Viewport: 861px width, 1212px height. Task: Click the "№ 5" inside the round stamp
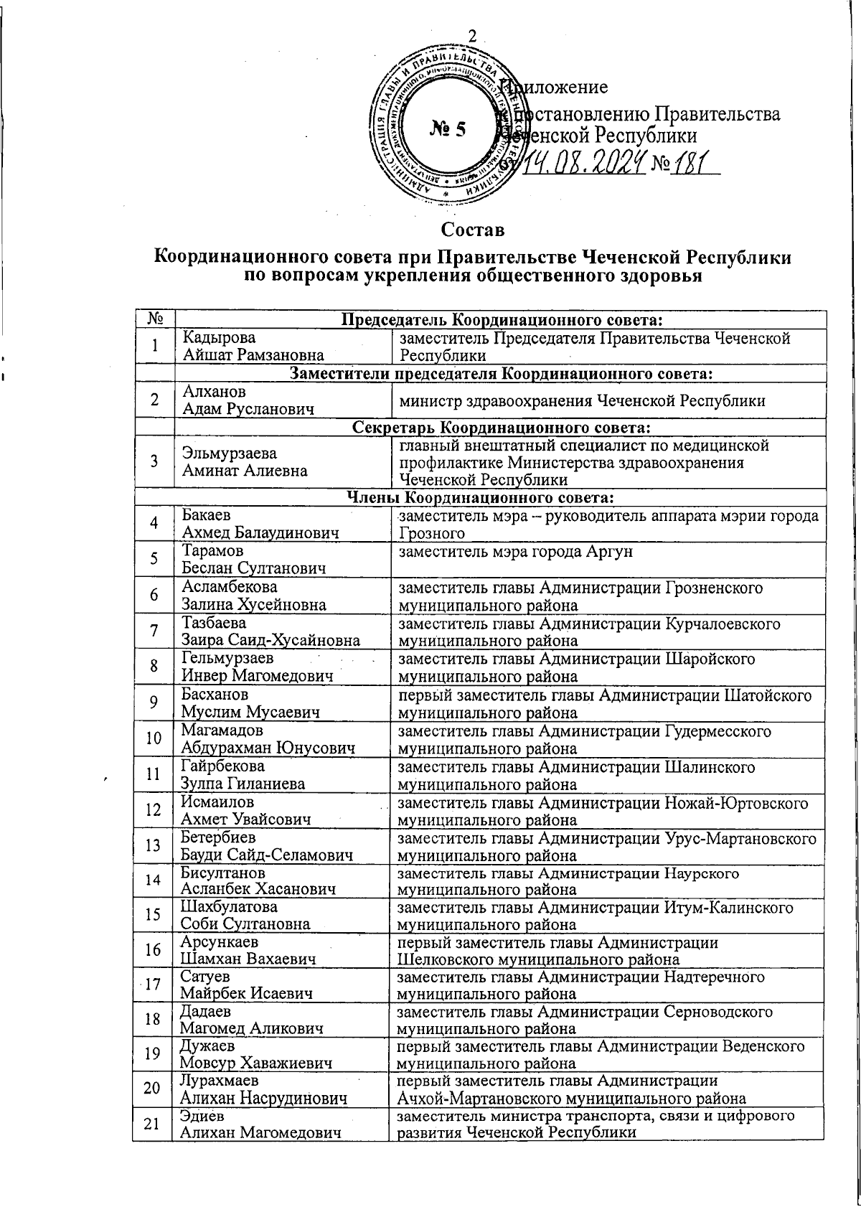click(x=448, y=129)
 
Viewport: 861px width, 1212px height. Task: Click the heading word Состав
click(x=474, y=230)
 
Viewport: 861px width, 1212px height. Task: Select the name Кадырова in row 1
click(x=219, y=338)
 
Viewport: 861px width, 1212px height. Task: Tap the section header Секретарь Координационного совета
click(x=501, y=428)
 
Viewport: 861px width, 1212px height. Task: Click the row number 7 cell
click(x=154, y=631)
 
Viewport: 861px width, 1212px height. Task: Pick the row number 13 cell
click(x=153, y=845)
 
